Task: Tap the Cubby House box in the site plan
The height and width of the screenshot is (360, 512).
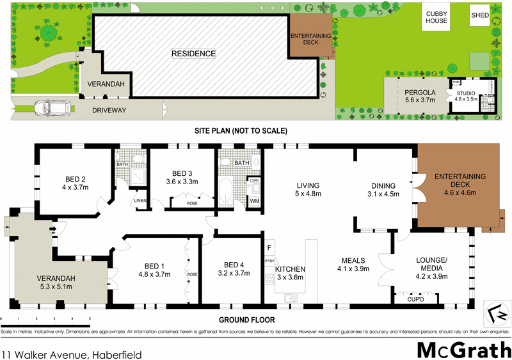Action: (436, 17)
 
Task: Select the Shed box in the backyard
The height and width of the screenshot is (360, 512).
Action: (479, 15)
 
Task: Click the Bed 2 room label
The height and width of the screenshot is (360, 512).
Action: (75, 178)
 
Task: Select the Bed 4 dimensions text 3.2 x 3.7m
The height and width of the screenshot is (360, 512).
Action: (232, 273)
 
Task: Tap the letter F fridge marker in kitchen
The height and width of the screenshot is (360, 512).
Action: (269, 247)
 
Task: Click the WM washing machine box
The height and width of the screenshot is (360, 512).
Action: (253, 202)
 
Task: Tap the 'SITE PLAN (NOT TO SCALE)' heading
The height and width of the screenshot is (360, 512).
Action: (241, 130)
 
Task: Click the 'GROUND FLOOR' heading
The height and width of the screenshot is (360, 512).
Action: (247, 320)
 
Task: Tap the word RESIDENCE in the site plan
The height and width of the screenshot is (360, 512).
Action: (193, 54)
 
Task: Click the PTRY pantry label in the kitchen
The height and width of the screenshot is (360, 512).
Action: (269, 261)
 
